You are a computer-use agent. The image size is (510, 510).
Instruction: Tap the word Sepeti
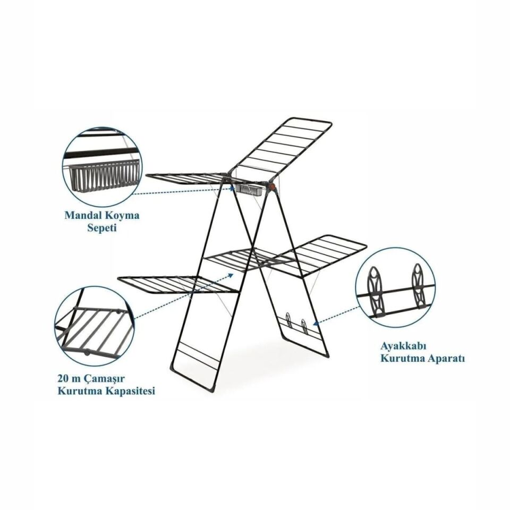pos(102,228)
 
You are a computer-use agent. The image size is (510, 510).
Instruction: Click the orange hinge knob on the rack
pos(272,186)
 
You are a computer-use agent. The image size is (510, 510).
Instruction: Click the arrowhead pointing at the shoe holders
pos(315,324)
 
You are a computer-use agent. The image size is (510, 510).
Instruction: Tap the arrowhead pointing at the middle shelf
pos(231,275)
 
